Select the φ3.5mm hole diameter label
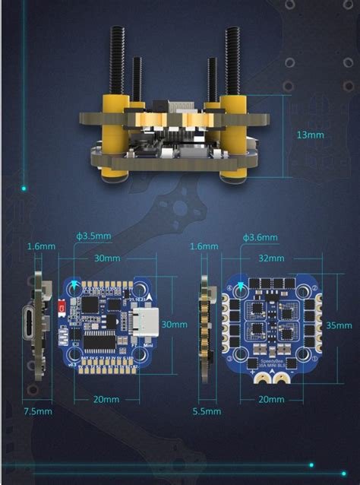point(93,236)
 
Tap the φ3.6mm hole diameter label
point(261,237)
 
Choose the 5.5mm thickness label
point(207,411)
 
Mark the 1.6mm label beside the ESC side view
point(204,246)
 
